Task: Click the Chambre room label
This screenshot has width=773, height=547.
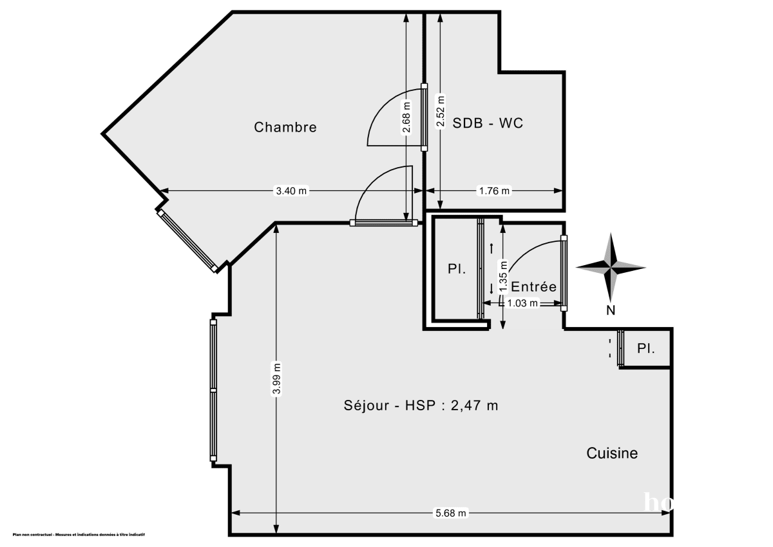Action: tap(285, 127)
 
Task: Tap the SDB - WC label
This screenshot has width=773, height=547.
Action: tap(488, 123)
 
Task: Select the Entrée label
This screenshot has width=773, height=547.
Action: tap(533, 287)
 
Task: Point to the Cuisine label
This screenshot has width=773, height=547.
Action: tap(612, 453)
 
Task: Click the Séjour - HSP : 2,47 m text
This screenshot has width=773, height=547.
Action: tap(421, 406)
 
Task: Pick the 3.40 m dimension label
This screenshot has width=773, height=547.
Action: tap(292, 191)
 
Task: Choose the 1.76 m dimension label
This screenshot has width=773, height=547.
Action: tap(493, 191)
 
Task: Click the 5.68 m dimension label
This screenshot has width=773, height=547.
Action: tap(451, 513)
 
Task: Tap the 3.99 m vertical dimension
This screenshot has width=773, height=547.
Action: tap(276, 379)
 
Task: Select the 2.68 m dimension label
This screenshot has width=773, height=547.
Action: tap(406, 117)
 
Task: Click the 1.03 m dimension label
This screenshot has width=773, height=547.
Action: tap(523, 303)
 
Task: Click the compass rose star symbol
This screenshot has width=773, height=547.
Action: tap(611, 266)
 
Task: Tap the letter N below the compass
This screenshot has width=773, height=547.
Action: tap(611, 310)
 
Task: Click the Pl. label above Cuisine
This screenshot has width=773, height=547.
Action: tap(646, 348)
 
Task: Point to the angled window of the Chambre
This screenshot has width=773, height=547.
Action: tap(187, 239)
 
